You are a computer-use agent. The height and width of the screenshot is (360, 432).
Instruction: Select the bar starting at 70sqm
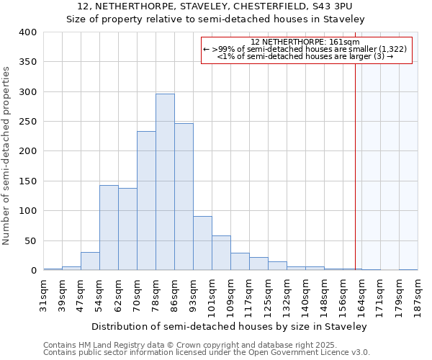pyautogui.click(x=146, y=201)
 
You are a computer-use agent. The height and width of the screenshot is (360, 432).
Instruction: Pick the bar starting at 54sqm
pyautogui.click(x=109, y=228)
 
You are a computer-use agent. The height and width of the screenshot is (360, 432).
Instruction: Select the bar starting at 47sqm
pyautogui.click(x=90, y=261)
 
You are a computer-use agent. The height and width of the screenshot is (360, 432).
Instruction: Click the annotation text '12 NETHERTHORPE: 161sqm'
pyautogui.click(x=305, y=42)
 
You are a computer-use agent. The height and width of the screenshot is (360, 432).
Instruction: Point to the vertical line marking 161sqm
pyautogui.click(x=355, y=166)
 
